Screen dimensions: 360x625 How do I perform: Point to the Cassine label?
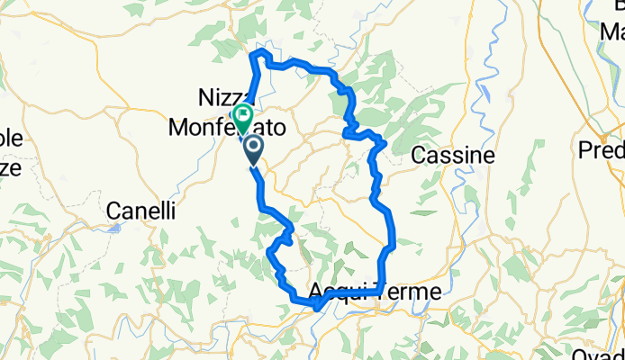pyautogui.click(x=453, y=156)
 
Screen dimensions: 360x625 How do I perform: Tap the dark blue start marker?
pyautogui.click(x=252, y=148)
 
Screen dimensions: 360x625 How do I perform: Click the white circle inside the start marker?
pyautogui.click(x=252, y=145)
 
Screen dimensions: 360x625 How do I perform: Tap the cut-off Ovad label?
pyautogui.click(x=600, y=352)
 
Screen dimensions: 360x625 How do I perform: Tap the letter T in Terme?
pyautogui.click(x=378, y=292)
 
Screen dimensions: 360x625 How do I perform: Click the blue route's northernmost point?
pyautogui.click(x=264, y=53)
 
